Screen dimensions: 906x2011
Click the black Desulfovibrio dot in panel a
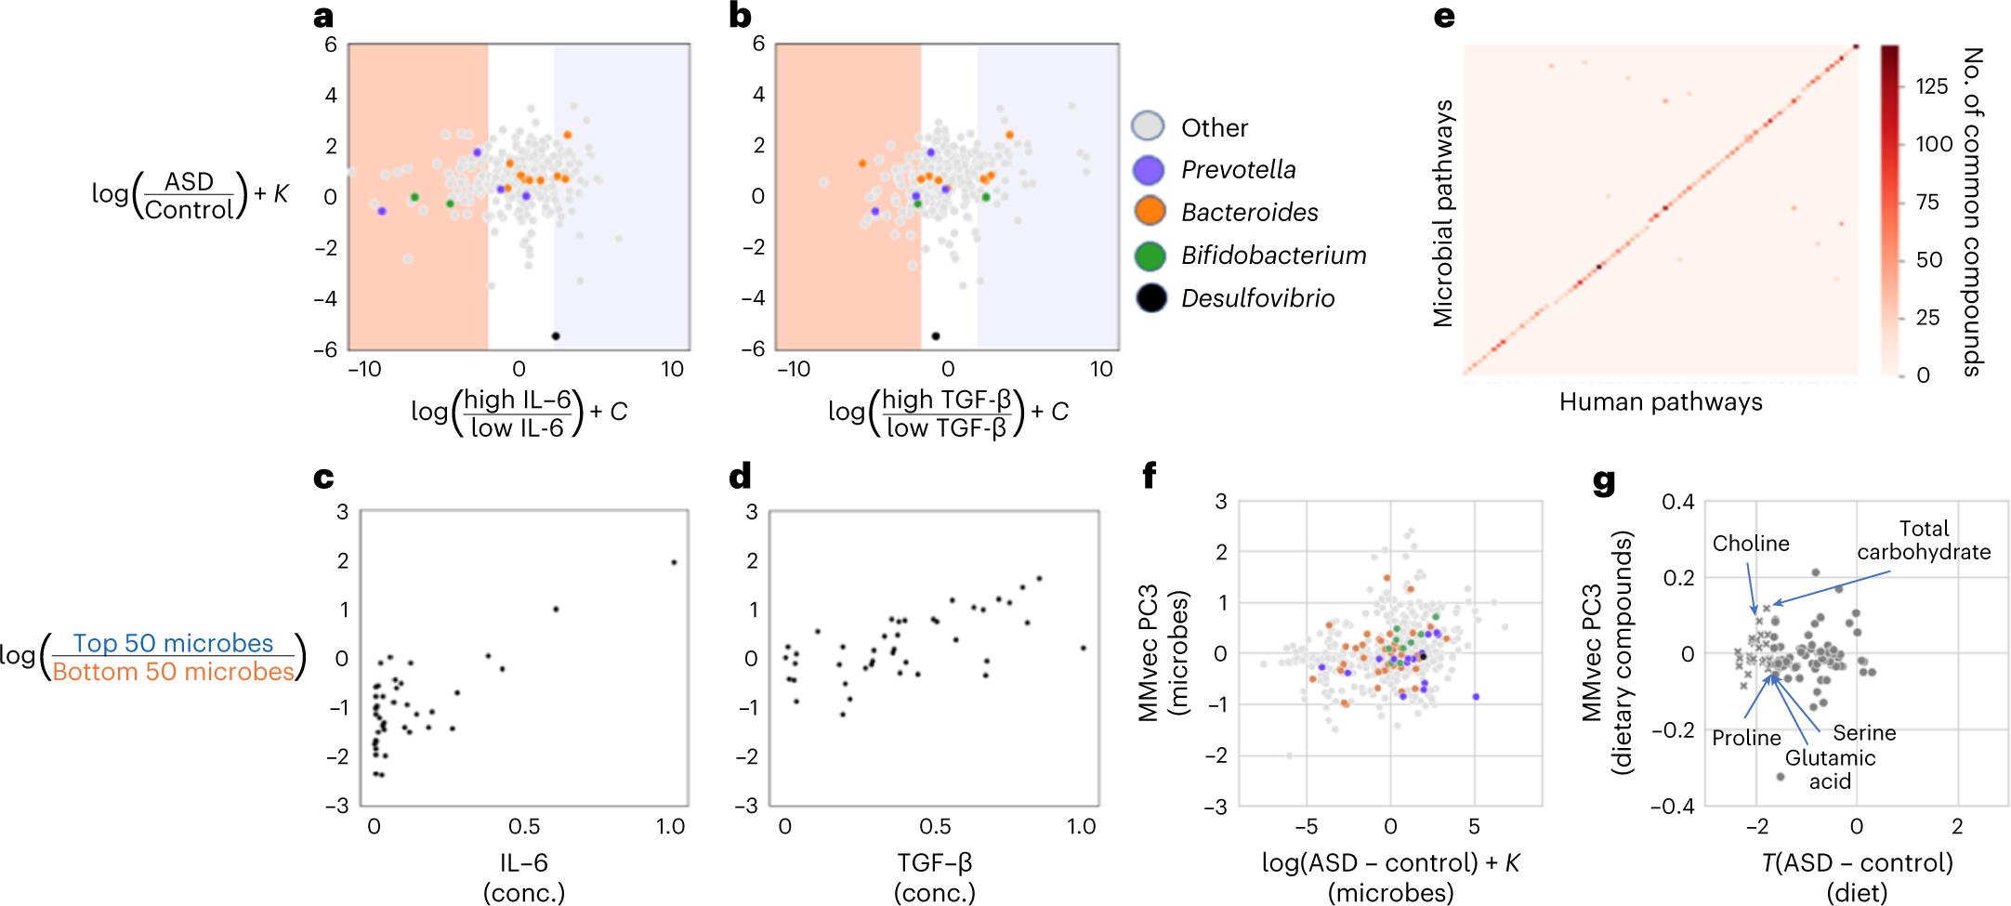[556, 335]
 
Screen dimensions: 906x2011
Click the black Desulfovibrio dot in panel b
[936, 335]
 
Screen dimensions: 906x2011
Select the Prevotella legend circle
[1150, 169]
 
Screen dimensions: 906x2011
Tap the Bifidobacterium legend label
[1273, 256]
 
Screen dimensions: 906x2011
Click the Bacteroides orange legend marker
[1150, 211]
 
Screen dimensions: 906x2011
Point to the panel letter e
[1443, 17]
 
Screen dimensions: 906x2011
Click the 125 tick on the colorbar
[1931, 86]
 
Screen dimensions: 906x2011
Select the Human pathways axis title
[1661, 401]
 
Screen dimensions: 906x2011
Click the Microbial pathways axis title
[1442, 214]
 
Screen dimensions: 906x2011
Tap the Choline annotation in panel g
[1751, 544]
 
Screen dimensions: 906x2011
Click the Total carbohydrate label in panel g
[1924, 540]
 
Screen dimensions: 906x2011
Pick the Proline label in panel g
[1746, 738]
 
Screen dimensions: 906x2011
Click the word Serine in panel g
[1864, 732]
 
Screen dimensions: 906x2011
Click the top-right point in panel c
[674, 562]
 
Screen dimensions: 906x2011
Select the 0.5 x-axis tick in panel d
[935, 826]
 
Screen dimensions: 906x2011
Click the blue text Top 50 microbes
[173, 643]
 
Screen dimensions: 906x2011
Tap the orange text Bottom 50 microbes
[173, 671]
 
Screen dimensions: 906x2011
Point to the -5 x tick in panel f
[1306, 826]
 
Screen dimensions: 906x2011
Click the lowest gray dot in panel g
[1781, 776]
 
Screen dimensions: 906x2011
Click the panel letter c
[323, 478]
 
